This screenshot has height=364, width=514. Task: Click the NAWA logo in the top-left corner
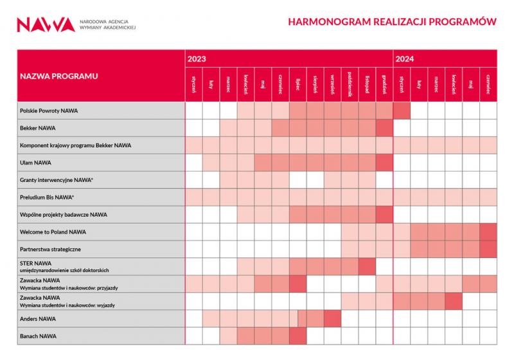click(x=46, y=24)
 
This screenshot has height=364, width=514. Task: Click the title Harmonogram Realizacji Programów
click(x=393, y=22)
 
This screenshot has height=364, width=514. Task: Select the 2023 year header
click(x=197, y=59)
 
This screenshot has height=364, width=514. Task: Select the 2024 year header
click(x=405, y=59)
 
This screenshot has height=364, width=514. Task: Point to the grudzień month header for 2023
click(x=384, y=84)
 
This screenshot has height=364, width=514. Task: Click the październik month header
click(x=350, y=84)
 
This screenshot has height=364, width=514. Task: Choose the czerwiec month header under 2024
click(x=488, y=84)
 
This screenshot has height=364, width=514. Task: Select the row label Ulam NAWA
click(x=35, y=163)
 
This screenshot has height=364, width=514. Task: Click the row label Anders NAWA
click(x=38, y=318)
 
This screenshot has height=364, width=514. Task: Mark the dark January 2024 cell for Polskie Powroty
click(x=402, y=111)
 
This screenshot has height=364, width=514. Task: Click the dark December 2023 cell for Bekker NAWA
click(x=384, y=128)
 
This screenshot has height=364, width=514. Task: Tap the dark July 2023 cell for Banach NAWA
click(x=297, y=336)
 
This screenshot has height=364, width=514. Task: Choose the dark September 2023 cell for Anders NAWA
click(x=332, y=318)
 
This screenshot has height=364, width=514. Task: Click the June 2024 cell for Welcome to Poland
click(x=488, y=232)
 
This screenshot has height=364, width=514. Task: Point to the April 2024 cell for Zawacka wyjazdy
click(x=454, y=301)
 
